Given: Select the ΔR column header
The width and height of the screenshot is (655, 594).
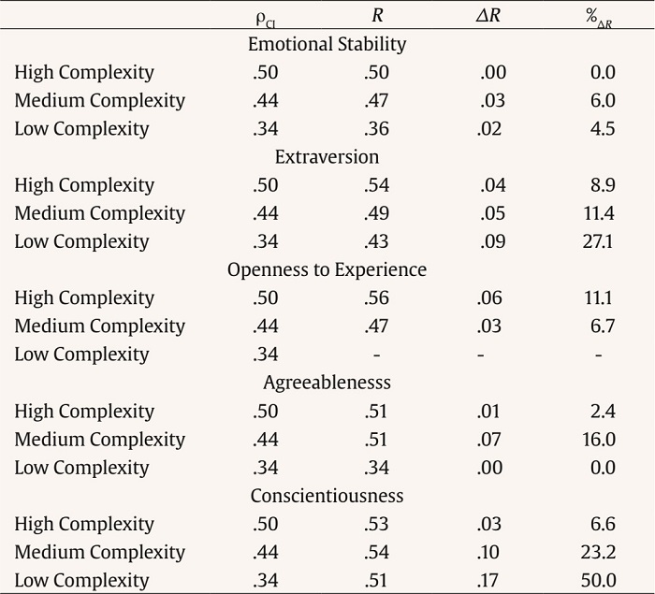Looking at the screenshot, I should click(x=489, y=15).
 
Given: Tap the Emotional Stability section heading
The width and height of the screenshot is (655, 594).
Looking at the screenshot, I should click(x=327, y=44).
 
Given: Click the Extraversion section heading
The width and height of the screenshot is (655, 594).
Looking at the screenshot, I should click(x=327, y=156).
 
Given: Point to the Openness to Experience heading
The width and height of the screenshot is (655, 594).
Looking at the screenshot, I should click(x=327, y=269).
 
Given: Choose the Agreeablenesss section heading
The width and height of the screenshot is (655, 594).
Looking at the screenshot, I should click(x=327, y=383).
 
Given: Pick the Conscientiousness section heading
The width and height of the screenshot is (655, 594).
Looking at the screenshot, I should click(x=327, y=496).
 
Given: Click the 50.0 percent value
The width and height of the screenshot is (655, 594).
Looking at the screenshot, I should click(x=597, y=581).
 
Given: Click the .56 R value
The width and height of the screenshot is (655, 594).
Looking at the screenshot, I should click(x=376, y=298).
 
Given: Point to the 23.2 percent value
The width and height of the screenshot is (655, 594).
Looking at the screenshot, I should click(x=597, y=552).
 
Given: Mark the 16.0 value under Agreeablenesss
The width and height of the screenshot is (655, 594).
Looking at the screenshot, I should click(x=597, y=440).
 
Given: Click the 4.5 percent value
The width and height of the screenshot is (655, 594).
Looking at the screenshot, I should click(x=603, y=128).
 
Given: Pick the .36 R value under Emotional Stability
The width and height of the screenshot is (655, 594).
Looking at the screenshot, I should click(x=376, y=128).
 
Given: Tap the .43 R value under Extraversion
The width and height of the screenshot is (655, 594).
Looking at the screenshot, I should click(x=376, y=241).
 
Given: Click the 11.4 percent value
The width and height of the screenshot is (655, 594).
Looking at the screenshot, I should click(x=598, y=213).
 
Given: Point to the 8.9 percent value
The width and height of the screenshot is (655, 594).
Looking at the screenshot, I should click(x=603, y=185).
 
